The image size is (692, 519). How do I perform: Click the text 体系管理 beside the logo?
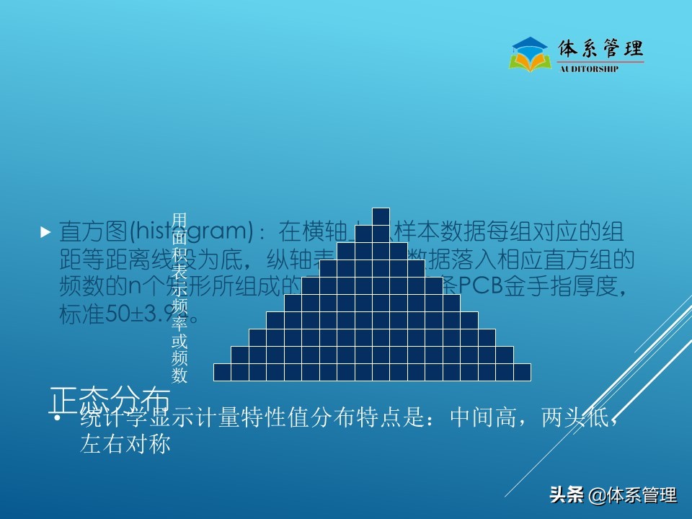pyautogui.click(x=601, y=49)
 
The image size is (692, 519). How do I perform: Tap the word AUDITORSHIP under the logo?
pyautogui.click(x=589, y=70)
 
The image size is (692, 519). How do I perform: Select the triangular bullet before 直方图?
pyautogui.click(x=45, y=232)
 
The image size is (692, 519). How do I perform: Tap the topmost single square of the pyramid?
pyautogui.click(x=381, y=216)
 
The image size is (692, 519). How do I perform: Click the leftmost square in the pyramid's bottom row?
pyautogui.click(x=222, y=372)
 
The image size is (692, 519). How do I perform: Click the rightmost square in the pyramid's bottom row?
pyautogui.click(x=522, y=372)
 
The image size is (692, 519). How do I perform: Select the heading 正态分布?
pyautogui.click(x=110, y=399)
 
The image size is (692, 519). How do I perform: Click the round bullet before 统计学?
pyautogui.click(x=58, y=419)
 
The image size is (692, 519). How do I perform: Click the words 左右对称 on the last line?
pyautogui.click(x=125, y=445)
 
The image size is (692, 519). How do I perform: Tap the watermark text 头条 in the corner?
pyautogui.click(x=567, y=495)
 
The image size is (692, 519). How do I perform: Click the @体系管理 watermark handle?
pyautogui.click(x=634, y=495)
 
